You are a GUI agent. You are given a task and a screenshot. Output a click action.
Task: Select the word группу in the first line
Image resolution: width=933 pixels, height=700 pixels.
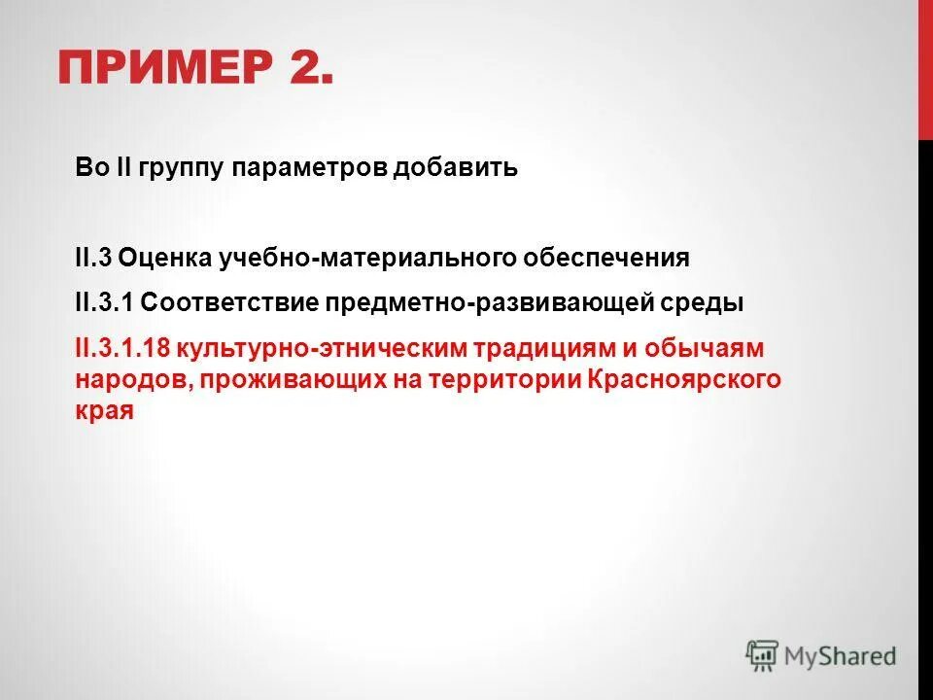[186, 168]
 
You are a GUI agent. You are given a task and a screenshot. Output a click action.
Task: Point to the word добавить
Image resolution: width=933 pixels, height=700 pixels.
[455, 168]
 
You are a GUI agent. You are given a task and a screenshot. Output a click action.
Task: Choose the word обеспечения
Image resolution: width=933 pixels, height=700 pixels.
[607, 259]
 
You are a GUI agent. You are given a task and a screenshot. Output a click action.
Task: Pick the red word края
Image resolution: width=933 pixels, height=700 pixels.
[103, 410]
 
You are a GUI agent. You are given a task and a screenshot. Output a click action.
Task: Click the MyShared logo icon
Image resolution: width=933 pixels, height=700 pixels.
[763, 654]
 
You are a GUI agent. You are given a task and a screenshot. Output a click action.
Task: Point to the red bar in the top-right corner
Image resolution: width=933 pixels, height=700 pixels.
[925, 68]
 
